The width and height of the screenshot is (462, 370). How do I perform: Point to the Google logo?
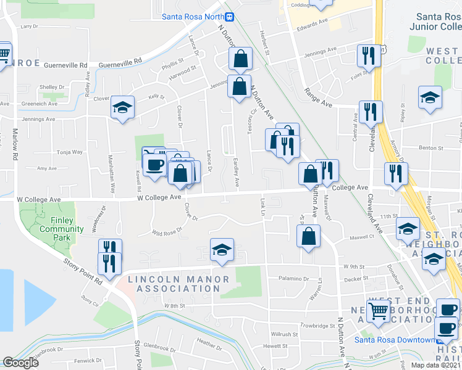click(x=20, y=363)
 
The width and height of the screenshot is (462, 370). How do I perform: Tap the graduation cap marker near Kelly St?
click(x=122, y=108)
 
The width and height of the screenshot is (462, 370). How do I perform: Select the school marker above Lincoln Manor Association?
click(x=222, y=250)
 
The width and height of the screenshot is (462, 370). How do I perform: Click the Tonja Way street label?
click(x=69, y=152)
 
